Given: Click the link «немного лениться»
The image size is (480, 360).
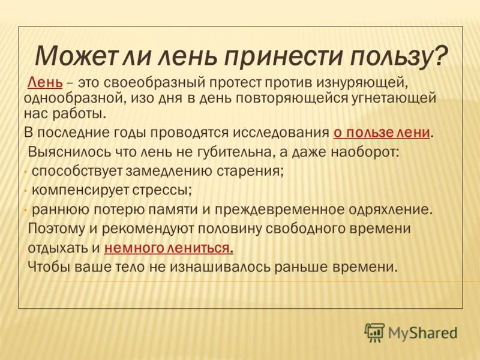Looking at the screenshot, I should point(169,248).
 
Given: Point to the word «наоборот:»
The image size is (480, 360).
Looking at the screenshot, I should point(364,152).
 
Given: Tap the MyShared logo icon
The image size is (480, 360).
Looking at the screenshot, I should point(374,332).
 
